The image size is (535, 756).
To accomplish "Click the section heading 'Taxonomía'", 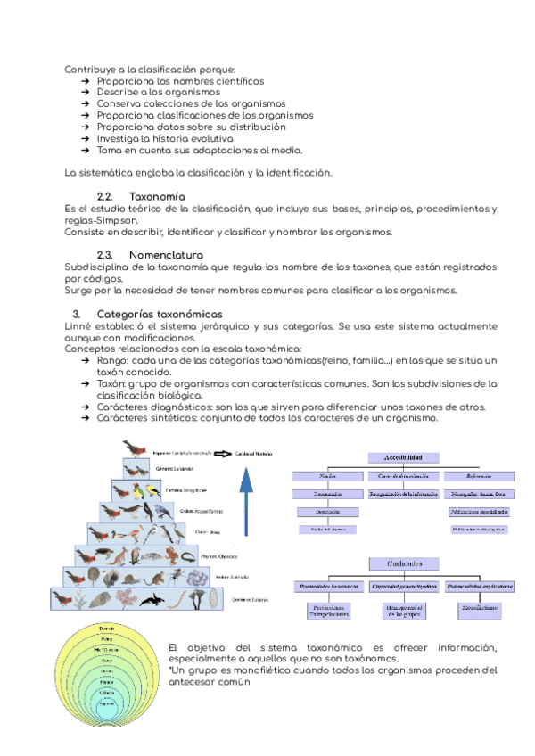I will (x=157, y=195).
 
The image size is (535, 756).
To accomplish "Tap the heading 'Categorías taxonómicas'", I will (x=159, y=314).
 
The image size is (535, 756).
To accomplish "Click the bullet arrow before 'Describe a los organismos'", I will (x=85, y=92).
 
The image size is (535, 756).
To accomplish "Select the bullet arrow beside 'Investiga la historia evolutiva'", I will (x=85, y=138).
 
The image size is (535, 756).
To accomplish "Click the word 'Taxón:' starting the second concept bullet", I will (x=114, y=383).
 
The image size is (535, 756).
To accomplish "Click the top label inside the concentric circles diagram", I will (x=105, y=629).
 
